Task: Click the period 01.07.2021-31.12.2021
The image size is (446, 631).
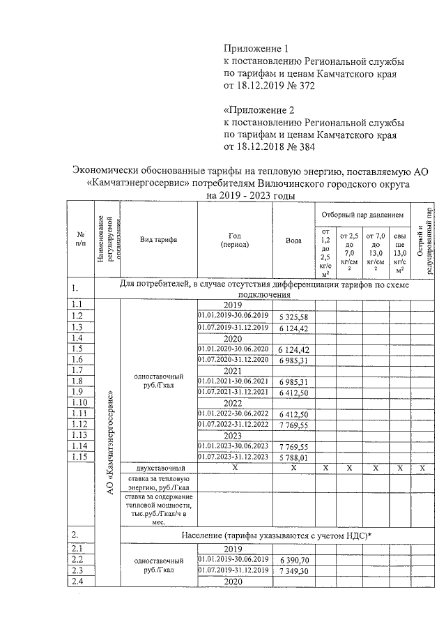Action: (233, 393)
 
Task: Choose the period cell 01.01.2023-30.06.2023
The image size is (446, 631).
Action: (233, 446)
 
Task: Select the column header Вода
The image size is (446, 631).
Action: (293, 240)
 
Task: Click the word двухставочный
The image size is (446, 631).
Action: (161, 468)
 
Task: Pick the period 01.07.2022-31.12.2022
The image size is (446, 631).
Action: (233, 425)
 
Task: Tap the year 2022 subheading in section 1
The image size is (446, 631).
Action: (232, 404)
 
